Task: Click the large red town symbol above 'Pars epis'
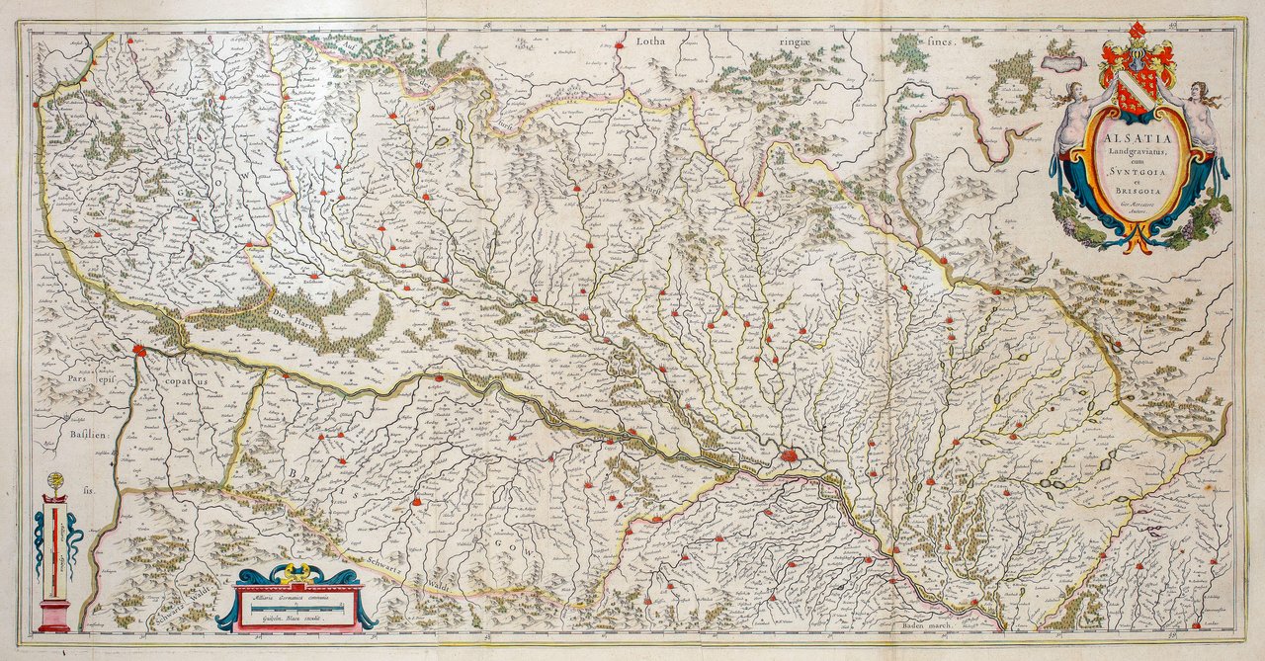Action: pyautogui.click(x=139, y=349)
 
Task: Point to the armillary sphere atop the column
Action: pyautogui.click(x=55, y=482)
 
